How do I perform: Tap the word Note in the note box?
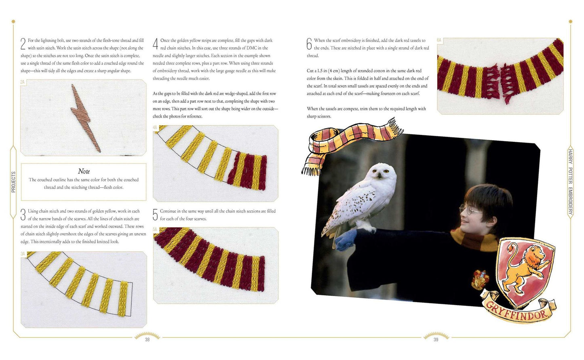point(84,171)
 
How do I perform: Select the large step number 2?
point(23,44)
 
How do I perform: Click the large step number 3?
point(23,215)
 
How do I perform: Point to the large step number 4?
point(155,44)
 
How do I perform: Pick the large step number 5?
point(155,215)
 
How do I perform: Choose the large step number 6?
point(309,44)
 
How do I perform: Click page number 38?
point(147,340)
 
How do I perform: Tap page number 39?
point(436,340)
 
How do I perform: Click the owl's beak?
point(379,175)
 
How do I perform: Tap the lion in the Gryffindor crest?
point(523,269)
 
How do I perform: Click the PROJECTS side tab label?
point(14,182)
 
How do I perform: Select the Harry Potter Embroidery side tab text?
point(570,182)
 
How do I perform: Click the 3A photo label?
point(23,254)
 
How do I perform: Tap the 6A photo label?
point(439,40)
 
